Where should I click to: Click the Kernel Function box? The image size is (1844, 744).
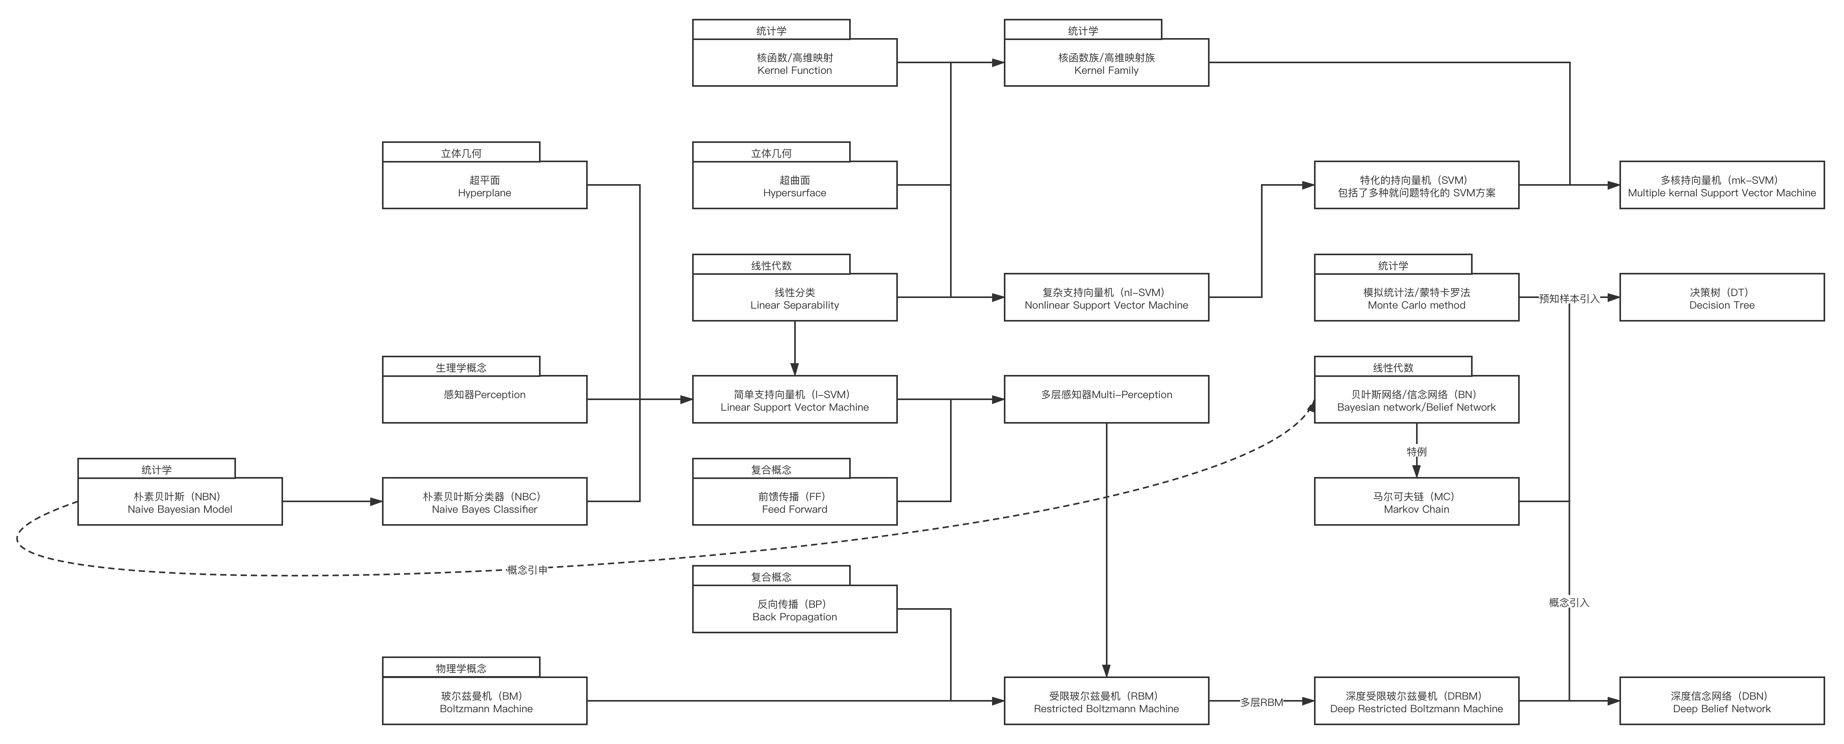795,63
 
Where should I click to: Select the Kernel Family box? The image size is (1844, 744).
1106,63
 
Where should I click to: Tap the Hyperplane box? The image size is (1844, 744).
484,185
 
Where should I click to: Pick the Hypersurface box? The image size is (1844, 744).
795,185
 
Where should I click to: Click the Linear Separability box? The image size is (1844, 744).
795,298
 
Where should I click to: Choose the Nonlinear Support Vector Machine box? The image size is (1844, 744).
1106,298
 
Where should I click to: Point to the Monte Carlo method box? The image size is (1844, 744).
1416,298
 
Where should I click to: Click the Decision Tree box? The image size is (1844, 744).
1722,298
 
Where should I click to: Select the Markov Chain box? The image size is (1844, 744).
1416,502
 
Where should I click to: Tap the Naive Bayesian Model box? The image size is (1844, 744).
180,502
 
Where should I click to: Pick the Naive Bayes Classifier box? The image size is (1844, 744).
484,502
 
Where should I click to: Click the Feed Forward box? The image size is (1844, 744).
795,502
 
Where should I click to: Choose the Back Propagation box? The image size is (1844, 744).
795,609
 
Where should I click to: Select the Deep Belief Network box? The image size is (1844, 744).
1722,701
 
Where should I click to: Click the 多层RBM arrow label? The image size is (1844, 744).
1261,702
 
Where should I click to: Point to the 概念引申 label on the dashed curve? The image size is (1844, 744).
528,569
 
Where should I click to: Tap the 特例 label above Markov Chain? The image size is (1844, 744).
1416,451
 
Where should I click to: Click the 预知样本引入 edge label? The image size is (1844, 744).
1568,298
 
